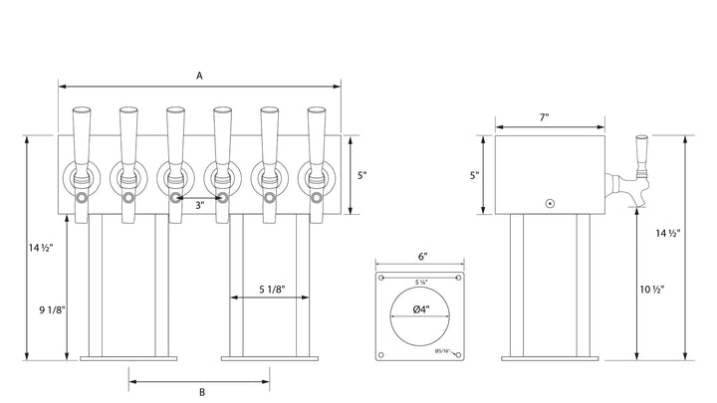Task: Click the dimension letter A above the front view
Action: (x=200, y=75)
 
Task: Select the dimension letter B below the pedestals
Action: (x=201, y=392)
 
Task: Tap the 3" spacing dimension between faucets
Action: (x=199, y=206)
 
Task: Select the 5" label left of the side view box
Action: (x=475, y=175)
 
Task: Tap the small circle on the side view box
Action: (x=549, y=202)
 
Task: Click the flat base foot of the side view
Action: (x=551, y=356)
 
